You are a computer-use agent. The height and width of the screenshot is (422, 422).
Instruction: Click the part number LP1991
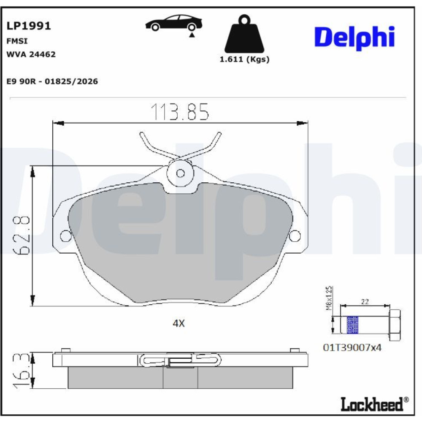[x=29, y=26]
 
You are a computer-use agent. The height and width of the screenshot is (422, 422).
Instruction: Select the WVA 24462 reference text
[x=31, y=54]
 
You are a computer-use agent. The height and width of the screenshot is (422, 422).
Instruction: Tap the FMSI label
[x=17, y=41]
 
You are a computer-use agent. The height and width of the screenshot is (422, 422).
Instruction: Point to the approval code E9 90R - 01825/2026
[x=52, y=81]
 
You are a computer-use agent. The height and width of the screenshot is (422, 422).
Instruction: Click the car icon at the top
[x=173, y=23]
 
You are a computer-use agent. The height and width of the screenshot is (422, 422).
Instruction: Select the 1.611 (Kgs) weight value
[x=244, y=59]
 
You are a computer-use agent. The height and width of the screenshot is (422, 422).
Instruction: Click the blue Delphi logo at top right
[x=355, y=38]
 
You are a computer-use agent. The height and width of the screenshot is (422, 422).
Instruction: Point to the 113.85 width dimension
[x=179, y=111]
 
